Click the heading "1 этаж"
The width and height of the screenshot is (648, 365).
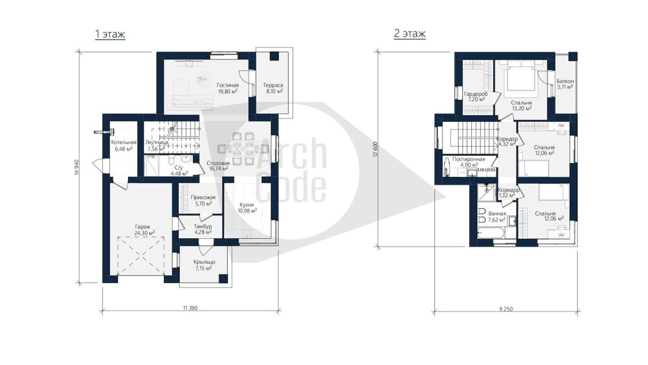(110, 34)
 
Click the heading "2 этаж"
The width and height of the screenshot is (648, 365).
(410, 34)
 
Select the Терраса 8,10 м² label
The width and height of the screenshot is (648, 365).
(273, 88)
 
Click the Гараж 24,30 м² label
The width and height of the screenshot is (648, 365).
(144, 230)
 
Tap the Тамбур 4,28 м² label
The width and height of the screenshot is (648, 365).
(203, 229)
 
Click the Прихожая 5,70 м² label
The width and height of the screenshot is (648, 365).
(203, 201)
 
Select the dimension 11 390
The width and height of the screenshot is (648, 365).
(190, 308)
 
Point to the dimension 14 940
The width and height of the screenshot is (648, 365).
(76, 167)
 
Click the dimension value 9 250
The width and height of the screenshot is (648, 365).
(506, 309)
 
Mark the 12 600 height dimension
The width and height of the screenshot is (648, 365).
(375, 149)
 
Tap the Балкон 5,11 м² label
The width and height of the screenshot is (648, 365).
(565, 84)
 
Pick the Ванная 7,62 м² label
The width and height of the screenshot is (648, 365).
(497, 217)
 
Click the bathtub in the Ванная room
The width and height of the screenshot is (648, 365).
(491, 233)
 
